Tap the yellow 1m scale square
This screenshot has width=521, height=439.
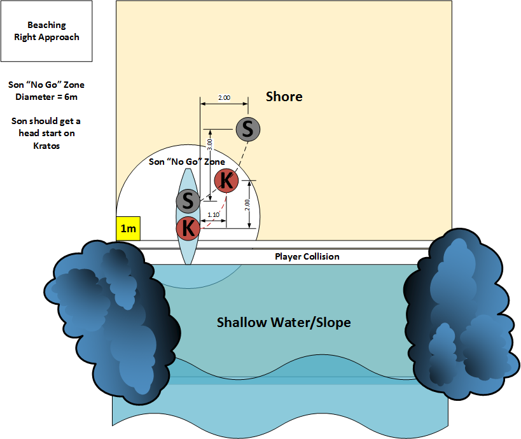129,228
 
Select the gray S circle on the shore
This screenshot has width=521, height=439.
248,129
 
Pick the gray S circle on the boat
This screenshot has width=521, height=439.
188,201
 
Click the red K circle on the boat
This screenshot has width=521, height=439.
188,226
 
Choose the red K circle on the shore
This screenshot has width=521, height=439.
226,181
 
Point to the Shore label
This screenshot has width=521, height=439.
284,97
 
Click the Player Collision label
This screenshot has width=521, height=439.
307,256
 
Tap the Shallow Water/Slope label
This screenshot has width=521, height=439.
284,322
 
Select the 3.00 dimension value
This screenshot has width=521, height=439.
209,144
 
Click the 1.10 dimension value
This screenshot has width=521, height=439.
213,215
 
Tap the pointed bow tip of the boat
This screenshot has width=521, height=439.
188,171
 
